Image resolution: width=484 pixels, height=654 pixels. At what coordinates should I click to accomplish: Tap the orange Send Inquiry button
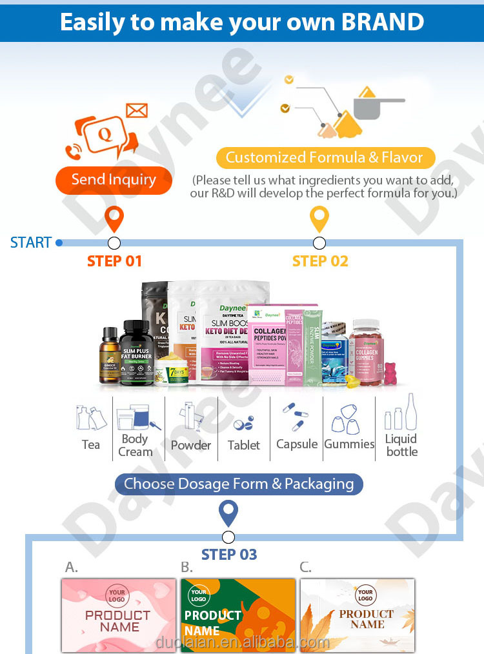[114, 180]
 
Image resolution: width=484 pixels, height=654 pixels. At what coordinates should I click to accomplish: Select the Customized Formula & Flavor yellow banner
[325, 157]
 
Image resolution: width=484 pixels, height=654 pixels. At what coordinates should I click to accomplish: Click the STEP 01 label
[114, 261]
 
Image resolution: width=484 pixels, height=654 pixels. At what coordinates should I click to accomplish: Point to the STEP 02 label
[320, 261]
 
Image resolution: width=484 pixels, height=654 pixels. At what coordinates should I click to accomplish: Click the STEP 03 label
[228, 555]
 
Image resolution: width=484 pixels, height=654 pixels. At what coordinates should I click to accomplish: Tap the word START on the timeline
[31, 243]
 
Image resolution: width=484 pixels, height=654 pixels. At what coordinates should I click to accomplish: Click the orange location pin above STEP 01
[114, 220]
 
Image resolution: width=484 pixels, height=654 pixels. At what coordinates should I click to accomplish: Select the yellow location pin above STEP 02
[319, 220]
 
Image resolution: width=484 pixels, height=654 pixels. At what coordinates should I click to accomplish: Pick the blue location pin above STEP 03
[228, 513]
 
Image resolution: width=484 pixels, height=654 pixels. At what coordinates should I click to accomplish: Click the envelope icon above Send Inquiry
[137, 110]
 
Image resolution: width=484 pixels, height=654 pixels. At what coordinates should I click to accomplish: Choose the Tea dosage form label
[91, 445]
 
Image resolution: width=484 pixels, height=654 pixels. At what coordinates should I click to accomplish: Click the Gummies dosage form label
[349, 444]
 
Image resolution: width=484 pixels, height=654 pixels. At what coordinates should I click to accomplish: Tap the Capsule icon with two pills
[296, 417]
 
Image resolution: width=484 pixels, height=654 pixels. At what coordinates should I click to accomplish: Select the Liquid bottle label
[402, 445]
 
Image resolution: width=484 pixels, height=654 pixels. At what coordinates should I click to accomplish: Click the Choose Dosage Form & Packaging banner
[239, 484]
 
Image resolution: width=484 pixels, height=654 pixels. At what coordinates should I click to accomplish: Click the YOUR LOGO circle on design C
[365, 595]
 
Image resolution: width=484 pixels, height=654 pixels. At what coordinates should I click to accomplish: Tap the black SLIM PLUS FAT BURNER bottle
[136, 352]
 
